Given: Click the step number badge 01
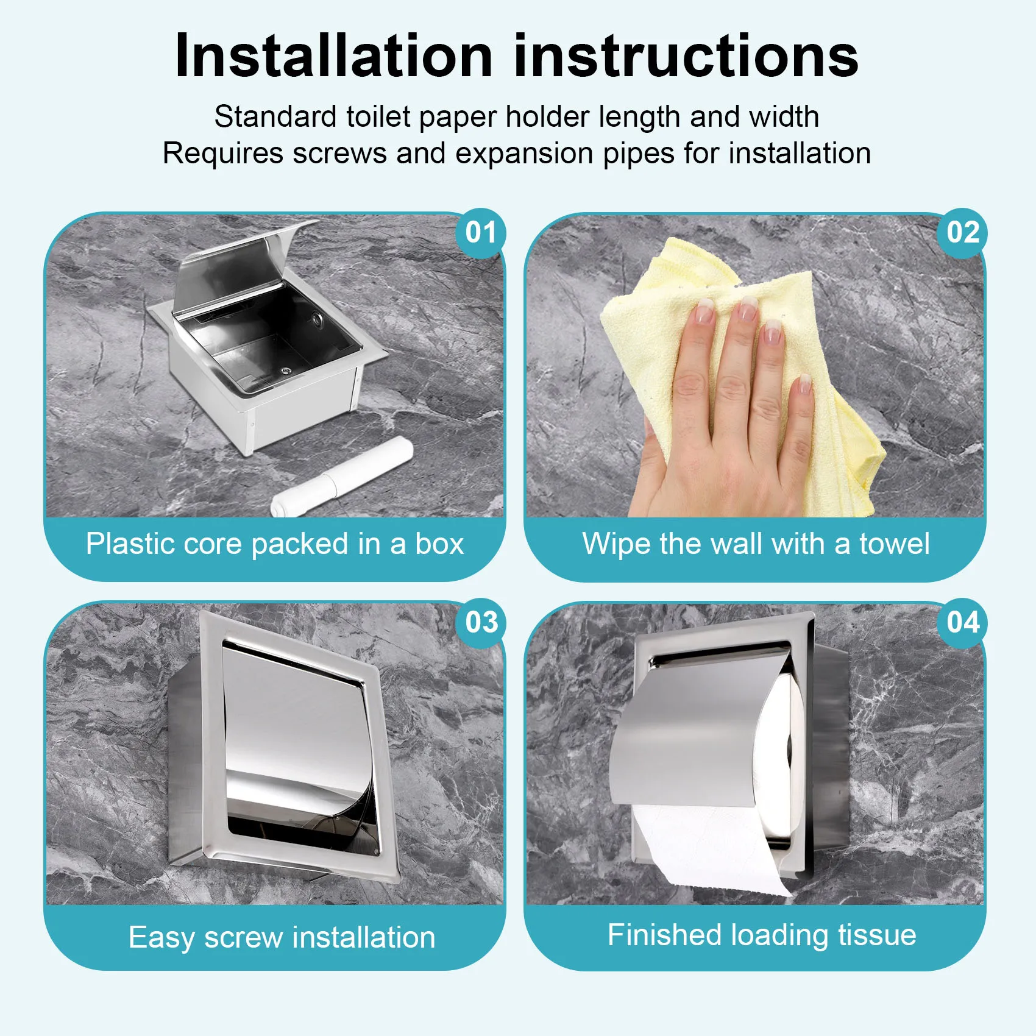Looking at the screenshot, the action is tap(481, 233).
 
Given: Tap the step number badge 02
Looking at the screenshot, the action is tap(962, 233).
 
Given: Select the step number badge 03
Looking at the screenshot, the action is tap(481, 623).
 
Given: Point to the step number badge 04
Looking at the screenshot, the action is tap(962, 623).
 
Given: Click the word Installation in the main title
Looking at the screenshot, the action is tap(333, 56).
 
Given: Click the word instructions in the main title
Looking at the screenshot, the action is tap(686, 56).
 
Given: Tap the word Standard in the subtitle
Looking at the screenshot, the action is tap(275, 116).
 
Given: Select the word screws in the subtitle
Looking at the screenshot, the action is tap(339, 154).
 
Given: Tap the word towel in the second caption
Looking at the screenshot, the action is tap(894, 544).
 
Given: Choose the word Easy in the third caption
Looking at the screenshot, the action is tap(161, 938).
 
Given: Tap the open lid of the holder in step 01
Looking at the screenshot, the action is tap(232, 268).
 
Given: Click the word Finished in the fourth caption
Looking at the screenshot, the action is tap(664, 935).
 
